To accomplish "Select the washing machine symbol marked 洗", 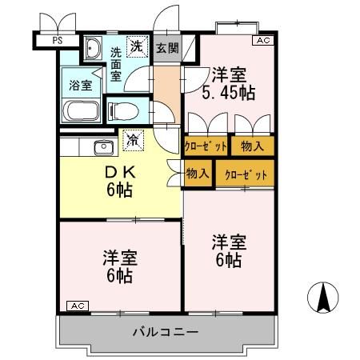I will click(x=138, y=46).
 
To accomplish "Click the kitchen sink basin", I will click(x=103, y=146).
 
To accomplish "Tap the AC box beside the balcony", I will click(x=75, y=306).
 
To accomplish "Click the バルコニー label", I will click(x=166, y=330).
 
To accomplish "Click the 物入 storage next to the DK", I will click(x=198, y=174).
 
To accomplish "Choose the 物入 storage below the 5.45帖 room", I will click(x=252, y=146).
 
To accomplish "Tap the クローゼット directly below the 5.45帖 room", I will click(x=206, y=146).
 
